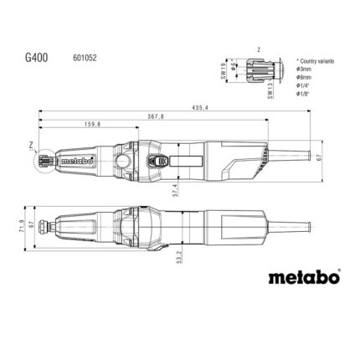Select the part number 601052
click(94, 61)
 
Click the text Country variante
click(316, 64)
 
